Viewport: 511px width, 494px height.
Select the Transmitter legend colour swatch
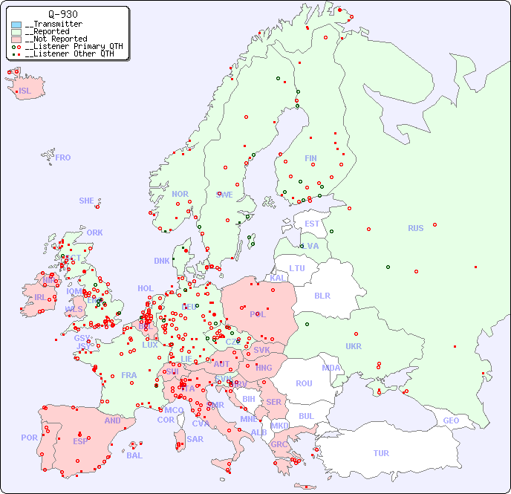16,25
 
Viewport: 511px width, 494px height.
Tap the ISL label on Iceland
25,91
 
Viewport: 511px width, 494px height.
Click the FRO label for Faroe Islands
63,157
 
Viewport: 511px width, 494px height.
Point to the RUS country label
415,228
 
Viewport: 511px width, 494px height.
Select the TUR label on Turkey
381,453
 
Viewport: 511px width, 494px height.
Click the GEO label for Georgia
451,420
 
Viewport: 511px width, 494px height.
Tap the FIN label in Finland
310,158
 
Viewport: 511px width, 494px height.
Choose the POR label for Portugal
29,438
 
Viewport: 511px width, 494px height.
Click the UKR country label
354,346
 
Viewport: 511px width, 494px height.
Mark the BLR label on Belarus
322,295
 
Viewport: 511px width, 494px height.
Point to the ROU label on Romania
304,383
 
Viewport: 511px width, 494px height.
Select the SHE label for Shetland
87,201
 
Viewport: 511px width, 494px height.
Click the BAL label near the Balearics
134,455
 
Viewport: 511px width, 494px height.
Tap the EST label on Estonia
312,224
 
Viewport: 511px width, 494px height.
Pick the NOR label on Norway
180,194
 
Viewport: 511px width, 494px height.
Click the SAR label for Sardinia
195,439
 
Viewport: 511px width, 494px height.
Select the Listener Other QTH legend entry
69,53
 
